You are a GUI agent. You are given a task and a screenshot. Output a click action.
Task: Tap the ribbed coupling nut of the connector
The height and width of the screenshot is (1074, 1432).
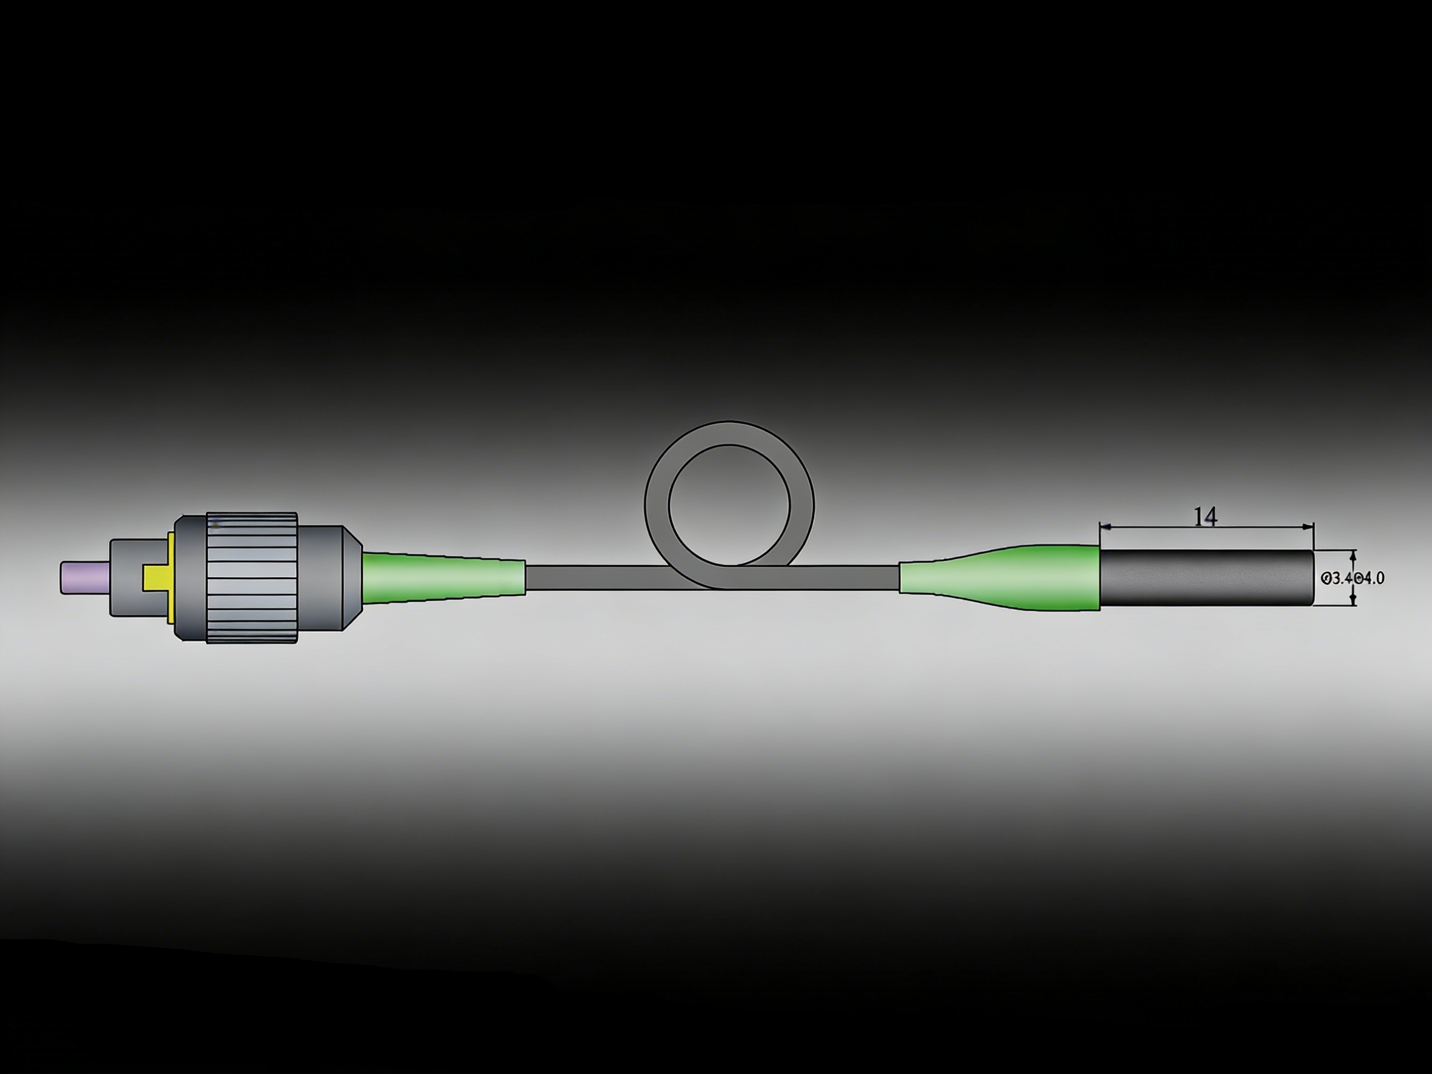tap(253, 578)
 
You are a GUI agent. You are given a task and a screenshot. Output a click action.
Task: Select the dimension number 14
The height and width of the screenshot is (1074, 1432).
tap(1205, 517)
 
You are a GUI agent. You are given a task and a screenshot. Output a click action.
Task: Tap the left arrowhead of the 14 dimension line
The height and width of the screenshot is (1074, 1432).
tap(1105, 526)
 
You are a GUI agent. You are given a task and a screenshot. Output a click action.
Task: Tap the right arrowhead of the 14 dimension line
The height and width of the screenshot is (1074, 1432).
tap(1308, 526)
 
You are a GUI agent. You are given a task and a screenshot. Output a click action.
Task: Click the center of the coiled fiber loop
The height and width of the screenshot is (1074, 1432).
tap(729, 505)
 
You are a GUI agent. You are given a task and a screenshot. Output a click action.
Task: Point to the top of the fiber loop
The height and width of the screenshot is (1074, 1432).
tap(729, 433)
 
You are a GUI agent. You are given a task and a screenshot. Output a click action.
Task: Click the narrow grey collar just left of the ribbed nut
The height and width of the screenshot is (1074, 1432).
tap(190, 578)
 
